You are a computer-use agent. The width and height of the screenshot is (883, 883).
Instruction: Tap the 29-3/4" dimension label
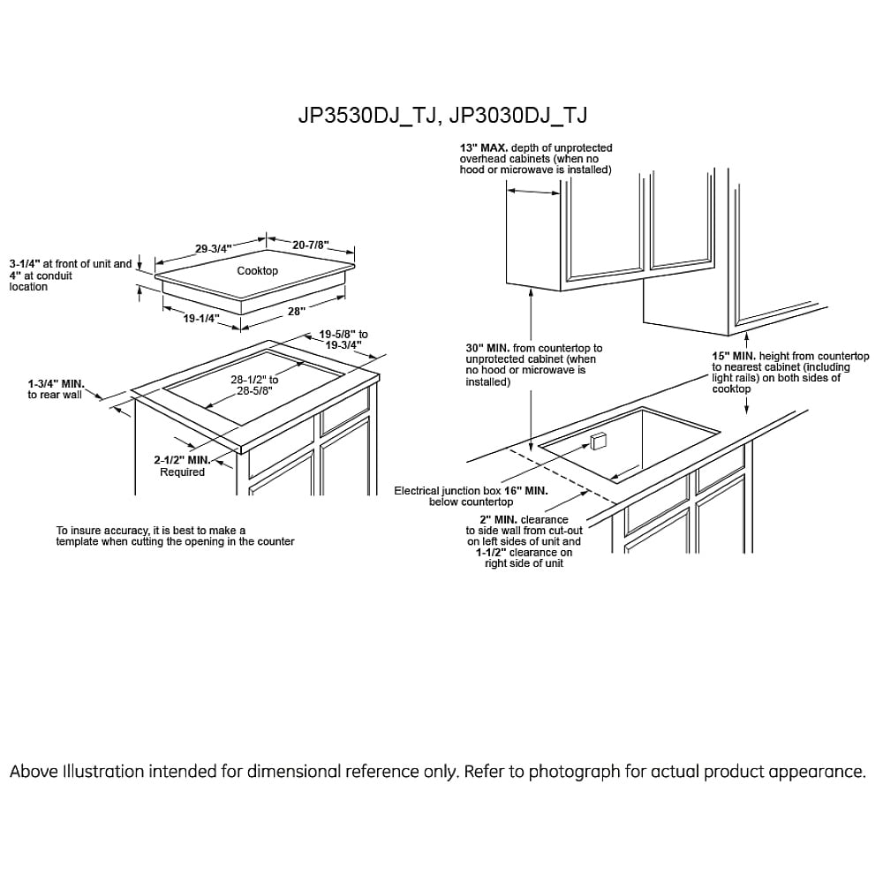click(214, 249)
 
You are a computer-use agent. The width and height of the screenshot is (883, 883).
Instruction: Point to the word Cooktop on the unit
click(257, 271)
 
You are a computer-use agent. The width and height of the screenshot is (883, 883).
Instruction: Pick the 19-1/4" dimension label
click(201, 319)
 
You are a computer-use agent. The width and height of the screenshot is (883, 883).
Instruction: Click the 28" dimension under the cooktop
click(296, 310)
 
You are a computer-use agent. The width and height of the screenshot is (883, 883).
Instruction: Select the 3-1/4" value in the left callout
click(26, 264)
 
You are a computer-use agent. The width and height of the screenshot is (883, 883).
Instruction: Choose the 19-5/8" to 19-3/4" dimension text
click(343, 340)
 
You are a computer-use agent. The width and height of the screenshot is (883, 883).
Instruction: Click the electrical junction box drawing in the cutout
click(598, 441)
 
